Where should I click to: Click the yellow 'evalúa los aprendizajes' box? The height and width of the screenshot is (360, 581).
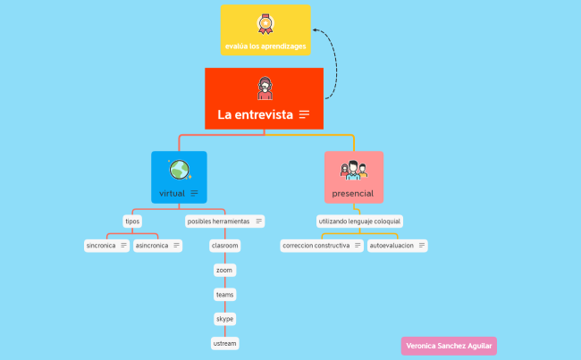(265, 31)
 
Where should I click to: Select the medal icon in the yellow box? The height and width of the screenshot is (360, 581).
(265, 23)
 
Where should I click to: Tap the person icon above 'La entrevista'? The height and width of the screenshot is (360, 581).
(265, 88)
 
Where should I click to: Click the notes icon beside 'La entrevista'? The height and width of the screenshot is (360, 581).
(305, 114)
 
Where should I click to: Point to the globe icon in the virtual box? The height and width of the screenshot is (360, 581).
(179, 170)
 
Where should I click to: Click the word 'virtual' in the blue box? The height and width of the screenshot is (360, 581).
(172, 193)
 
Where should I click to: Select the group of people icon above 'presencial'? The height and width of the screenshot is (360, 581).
(353, 170)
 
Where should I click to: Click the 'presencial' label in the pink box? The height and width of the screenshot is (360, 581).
(353, 193)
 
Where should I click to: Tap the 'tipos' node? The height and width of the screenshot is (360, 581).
(132, 221)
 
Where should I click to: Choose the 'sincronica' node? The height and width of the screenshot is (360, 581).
(101, 245)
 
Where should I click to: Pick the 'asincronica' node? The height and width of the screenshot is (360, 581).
(152, 245)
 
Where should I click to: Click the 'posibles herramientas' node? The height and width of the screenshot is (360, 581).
(219, 221)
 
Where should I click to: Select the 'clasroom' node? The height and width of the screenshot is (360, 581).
(224, 245)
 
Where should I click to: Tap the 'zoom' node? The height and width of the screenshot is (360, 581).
(224, 269)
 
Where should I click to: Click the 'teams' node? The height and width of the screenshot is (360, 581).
(224, 294)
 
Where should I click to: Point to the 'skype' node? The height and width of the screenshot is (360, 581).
(224, 318)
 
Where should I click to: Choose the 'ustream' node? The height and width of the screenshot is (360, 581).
(224, 343)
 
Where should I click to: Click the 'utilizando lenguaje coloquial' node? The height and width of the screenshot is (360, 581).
(359, 221)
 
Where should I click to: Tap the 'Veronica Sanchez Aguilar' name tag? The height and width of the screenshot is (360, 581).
(449, 346)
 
